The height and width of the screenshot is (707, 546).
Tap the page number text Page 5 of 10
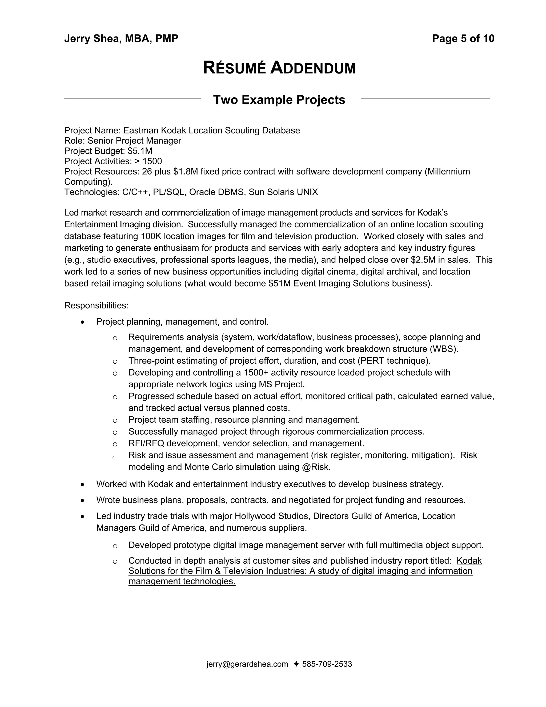tap(463, 38)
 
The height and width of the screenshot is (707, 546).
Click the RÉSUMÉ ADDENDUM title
tap(279, 68)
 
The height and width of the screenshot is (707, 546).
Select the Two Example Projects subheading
tap(279, 100)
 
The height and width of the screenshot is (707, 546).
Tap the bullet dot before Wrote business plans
tap(83, 501)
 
